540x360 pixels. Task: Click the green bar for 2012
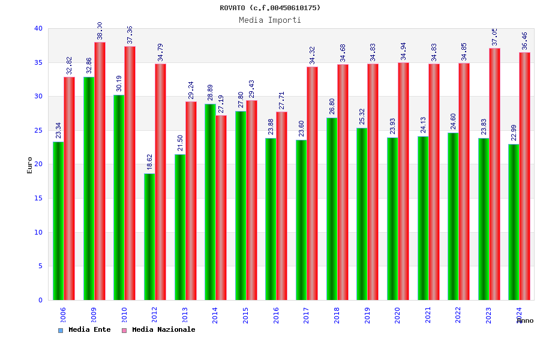click(149, 236)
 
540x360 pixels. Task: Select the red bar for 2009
click(100, 171)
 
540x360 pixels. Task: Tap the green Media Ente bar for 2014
click(210, 202)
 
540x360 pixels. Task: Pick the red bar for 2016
click(282, 206)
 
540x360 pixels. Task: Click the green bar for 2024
click(514, 222)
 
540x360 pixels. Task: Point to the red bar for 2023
click(494, 174)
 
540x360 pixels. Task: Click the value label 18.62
click(150, 162)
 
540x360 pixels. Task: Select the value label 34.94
click(403, 51)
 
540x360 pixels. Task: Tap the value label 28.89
click(211, 92)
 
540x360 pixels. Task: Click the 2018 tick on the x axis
click(337, 315)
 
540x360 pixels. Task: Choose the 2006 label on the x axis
click(63, 315)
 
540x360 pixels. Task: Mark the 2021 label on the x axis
click(428, 315)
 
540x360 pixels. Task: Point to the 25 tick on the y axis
click(38, 130)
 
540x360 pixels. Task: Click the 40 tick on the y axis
click(38, 28)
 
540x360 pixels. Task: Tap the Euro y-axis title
click(30, 165)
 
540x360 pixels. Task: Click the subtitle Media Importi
click(270, 20)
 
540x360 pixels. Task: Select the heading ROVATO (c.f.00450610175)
click(270, 8)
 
